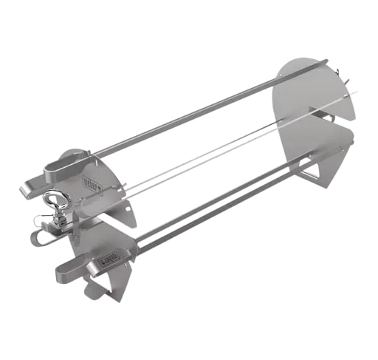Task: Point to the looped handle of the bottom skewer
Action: point(74,265)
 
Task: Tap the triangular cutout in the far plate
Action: point(314,172)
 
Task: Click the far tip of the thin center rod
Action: point(355,92)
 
